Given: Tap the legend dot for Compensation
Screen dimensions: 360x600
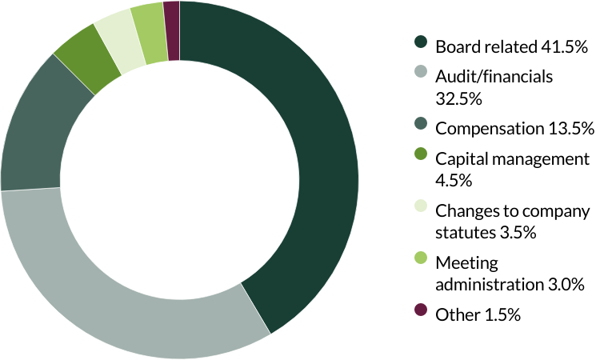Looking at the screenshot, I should [420, 126].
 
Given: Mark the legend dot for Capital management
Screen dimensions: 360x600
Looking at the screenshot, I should [420, 158].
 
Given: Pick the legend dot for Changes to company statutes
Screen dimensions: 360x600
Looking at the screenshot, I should [420, 210].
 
